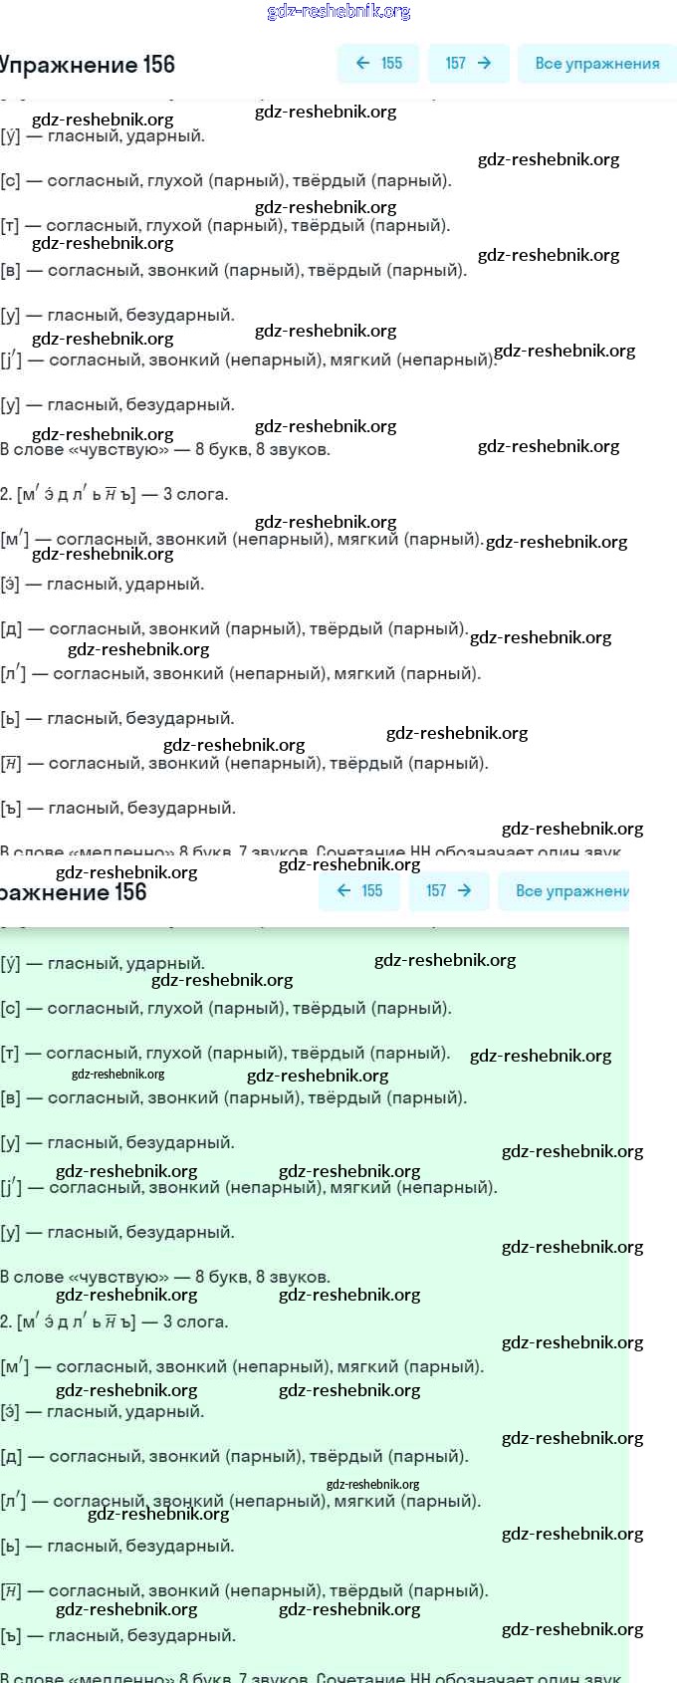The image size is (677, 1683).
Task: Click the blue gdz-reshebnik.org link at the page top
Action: point(338,12)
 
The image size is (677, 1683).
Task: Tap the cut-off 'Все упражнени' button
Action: point(571,891)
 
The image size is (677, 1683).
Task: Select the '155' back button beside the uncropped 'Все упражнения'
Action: point(378,64)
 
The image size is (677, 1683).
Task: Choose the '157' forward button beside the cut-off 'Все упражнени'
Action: point(449,891)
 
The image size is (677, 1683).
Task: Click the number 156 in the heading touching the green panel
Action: point(130,892)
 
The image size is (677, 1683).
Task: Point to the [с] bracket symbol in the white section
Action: point(10,181)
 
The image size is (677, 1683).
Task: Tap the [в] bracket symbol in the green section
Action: point(10,1098)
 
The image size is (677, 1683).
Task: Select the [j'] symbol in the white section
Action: point(11,360)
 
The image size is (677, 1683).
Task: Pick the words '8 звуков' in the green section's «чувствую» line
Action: point(293,1278)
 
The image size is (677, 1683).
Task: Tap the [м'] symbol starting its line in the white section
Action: point(14,540)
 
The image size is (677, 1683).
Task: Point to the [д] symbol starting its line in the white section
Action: point(10,629)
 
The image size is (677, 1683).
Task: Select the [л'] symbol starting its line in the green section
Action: point(13,1501)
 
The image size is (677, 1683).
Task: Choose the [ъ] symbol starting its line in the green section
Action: point(10,1636)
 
